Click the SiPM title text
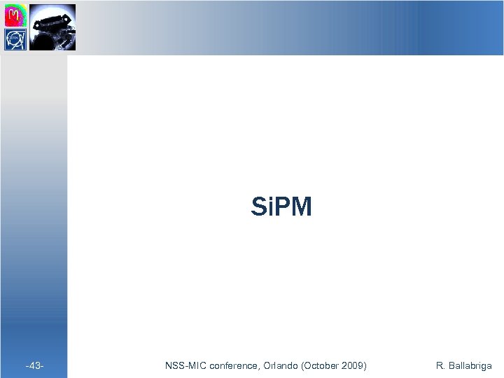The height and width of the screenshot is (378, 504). click(x=281, y=207)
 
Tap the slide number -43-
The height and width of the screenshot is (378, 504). click(x=35, y=365)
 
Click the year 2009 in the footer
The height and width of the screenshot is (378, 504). click(x=350, y=365)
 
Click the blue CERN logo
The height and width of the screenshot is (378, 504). click(x=16, y=39)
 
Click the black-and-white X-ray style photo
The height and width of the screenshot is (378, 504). click(x=52, y=27)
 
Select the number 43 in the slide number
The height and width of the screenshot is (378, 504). click(x=35, y=365)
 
